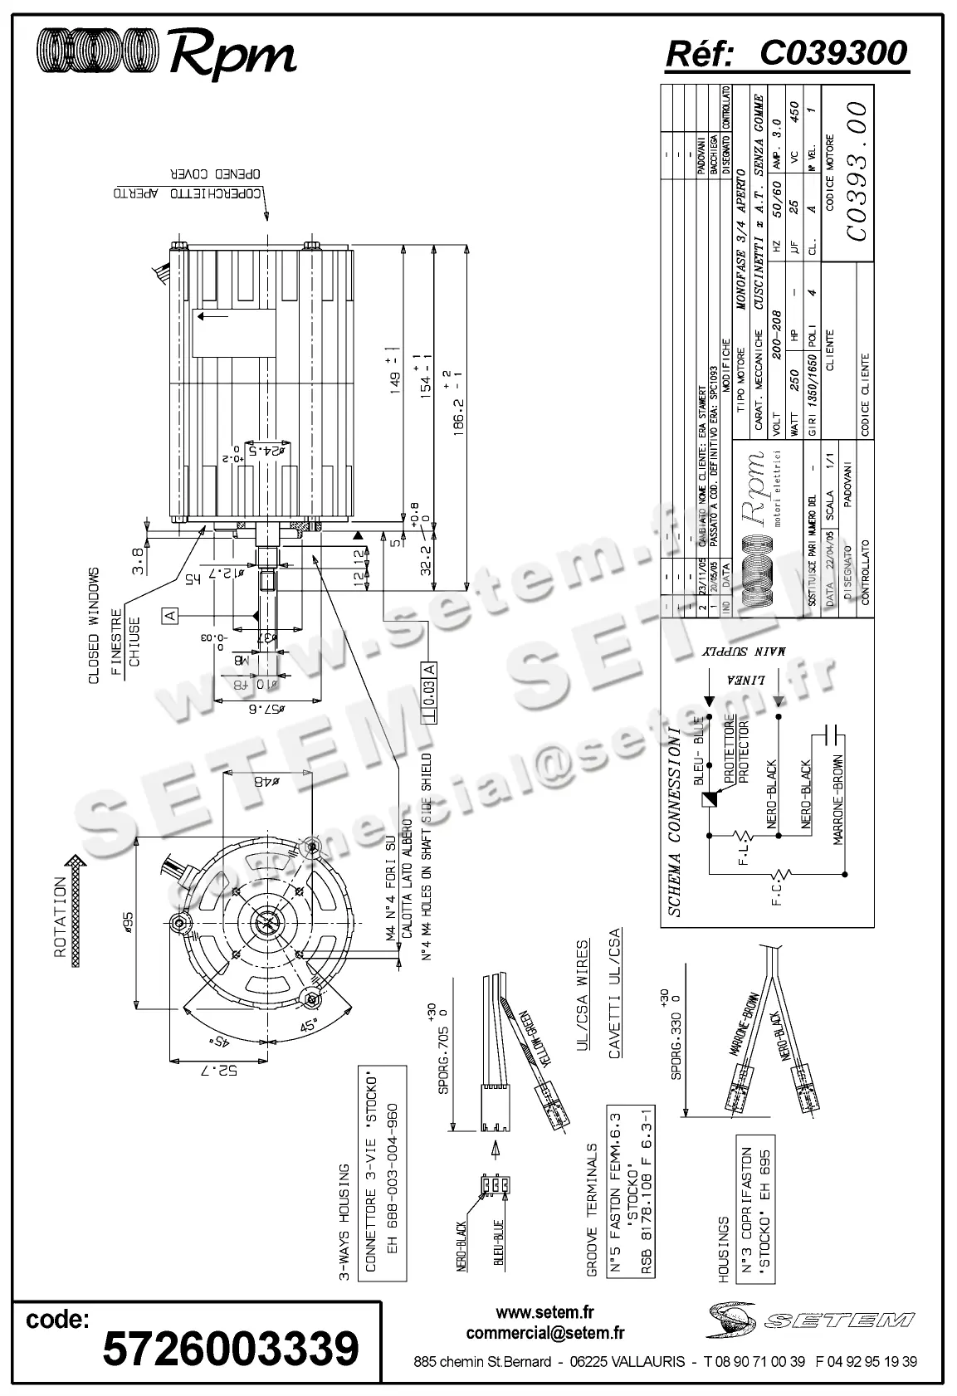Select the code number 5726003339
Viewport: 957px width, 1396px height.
(x=231, y=1348)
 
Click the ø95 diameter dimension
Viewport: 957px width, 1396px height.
(x=129, y=921)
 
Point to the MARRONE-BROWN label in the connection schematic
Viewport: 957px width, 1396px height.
(x=839, y=800)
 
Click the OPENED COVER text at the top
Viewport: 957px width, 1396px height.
(x=217, y=174)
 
